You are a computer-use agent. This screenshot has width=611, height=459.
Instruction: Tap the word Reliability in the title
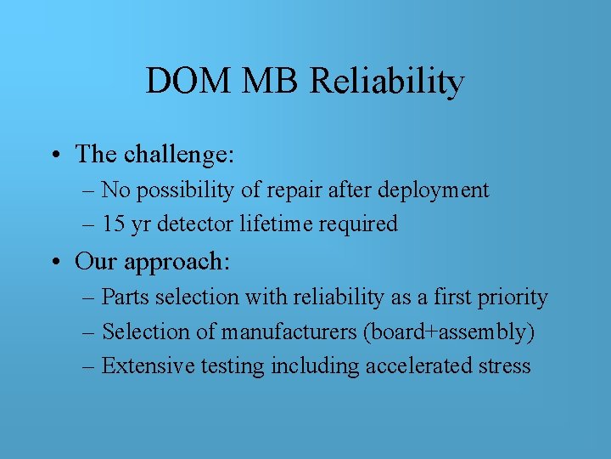[x=387, y=82]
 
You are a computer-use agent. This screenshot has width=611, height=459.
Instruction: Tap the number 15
[x=113, y=224]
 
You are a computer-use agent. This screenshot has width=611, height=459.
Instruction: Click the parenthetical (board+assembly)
[x=449, y=331]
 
